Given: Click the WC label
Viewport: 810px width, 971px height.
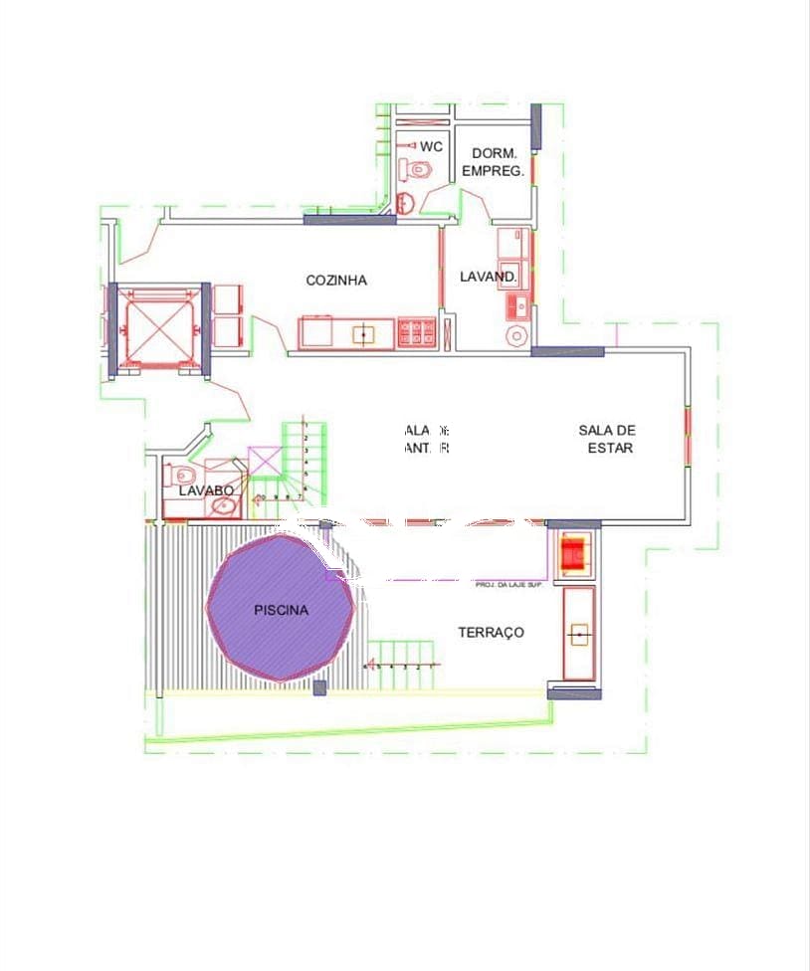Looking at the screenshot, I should [x=431, y=146].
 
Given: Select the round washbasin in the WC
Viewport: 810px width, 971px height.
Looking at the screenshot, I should [x=407, y=203].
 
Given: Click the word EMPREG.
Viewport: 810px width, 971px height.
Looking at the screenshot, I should [x=493, y=171].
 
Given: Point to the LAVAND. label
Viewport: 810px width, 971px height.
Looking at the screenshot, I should [x=488, y=277].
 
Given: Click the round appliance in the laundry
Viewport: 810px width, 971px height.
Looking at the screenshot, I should [x=516, y=336].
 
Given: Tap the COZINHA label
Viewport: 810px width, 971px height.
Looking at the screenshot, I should [x=336, y=281].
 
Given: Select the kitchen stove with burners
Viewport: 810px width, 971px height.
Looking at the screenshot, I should [x=417, y=332].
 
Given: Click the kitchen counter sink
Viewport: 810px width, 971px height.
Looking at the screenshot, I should [x=363, y=334].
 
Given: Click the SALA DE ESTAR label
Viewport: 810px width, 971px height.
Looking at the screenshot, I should [x=607, y=439].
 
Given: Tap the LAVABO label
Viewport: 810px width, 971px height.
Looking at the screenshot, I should [x=206, y=490].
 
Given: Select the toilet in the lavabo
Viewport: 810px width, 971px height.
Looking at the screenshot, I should [x=182, y=476].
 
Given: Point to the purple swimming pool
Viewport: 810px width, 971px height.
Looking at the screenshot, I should [x=281, y=609].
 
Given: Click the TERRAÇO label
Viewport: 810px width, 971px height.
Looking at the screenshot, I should [x=491, y=633].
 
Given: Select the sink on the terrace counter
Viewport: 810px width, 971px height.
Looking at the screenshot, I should [x=578, y=633].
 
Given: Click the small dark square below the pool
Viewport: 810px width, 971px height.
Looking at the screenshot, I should [x=319, y=687].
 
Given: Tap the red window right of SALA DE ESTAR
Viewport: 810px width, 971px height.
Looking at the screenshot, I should [x=688, y=435].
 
